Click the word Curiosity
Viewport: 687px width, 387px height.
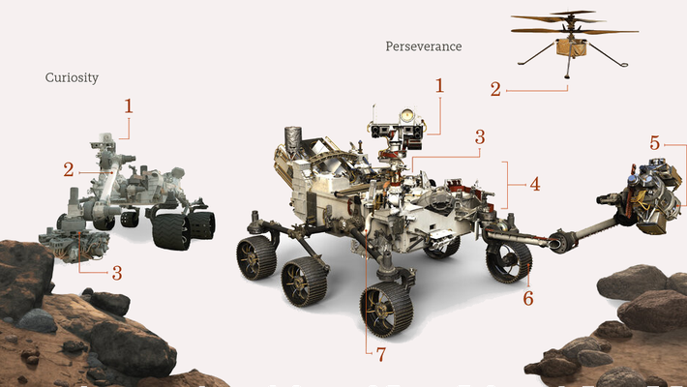pyautogui.click(x=73, y=77)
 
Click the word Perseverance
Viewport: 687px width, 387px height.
pyautogui.click(x=423, y=45)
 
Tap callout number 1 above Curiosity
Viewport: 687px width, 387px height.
pyautogui.click(x=128, y=104)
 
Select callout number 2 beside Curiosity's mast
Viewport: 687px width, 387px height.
pyautogui.click(x=70, y=169)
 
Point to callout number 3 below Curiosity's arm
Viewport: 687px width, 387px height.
pyautogui.click(x=117, y=273)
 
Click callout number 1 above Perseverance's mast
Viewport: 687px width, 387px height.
pyautogui.click(x=438, y=85)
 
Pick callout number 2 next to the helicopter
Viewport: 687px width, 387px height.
pyautogui.click(x=495, y=90)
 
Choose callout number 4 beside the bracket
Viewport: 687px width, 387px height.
pyautogui.click(x=533, y=182)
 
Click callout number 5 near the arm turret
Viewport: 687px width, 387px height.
pyautogui.click(x=655, y=143)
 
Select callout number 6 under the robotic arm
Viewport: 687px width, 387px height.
pyautogui.click(x=527, y=298)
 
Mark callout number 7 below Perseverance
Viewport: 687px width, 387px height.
pyautogui.click(x=381, y=354)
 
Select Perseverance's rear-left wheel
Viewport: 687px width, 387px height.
pyautogui.click(x=255, y=256)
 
